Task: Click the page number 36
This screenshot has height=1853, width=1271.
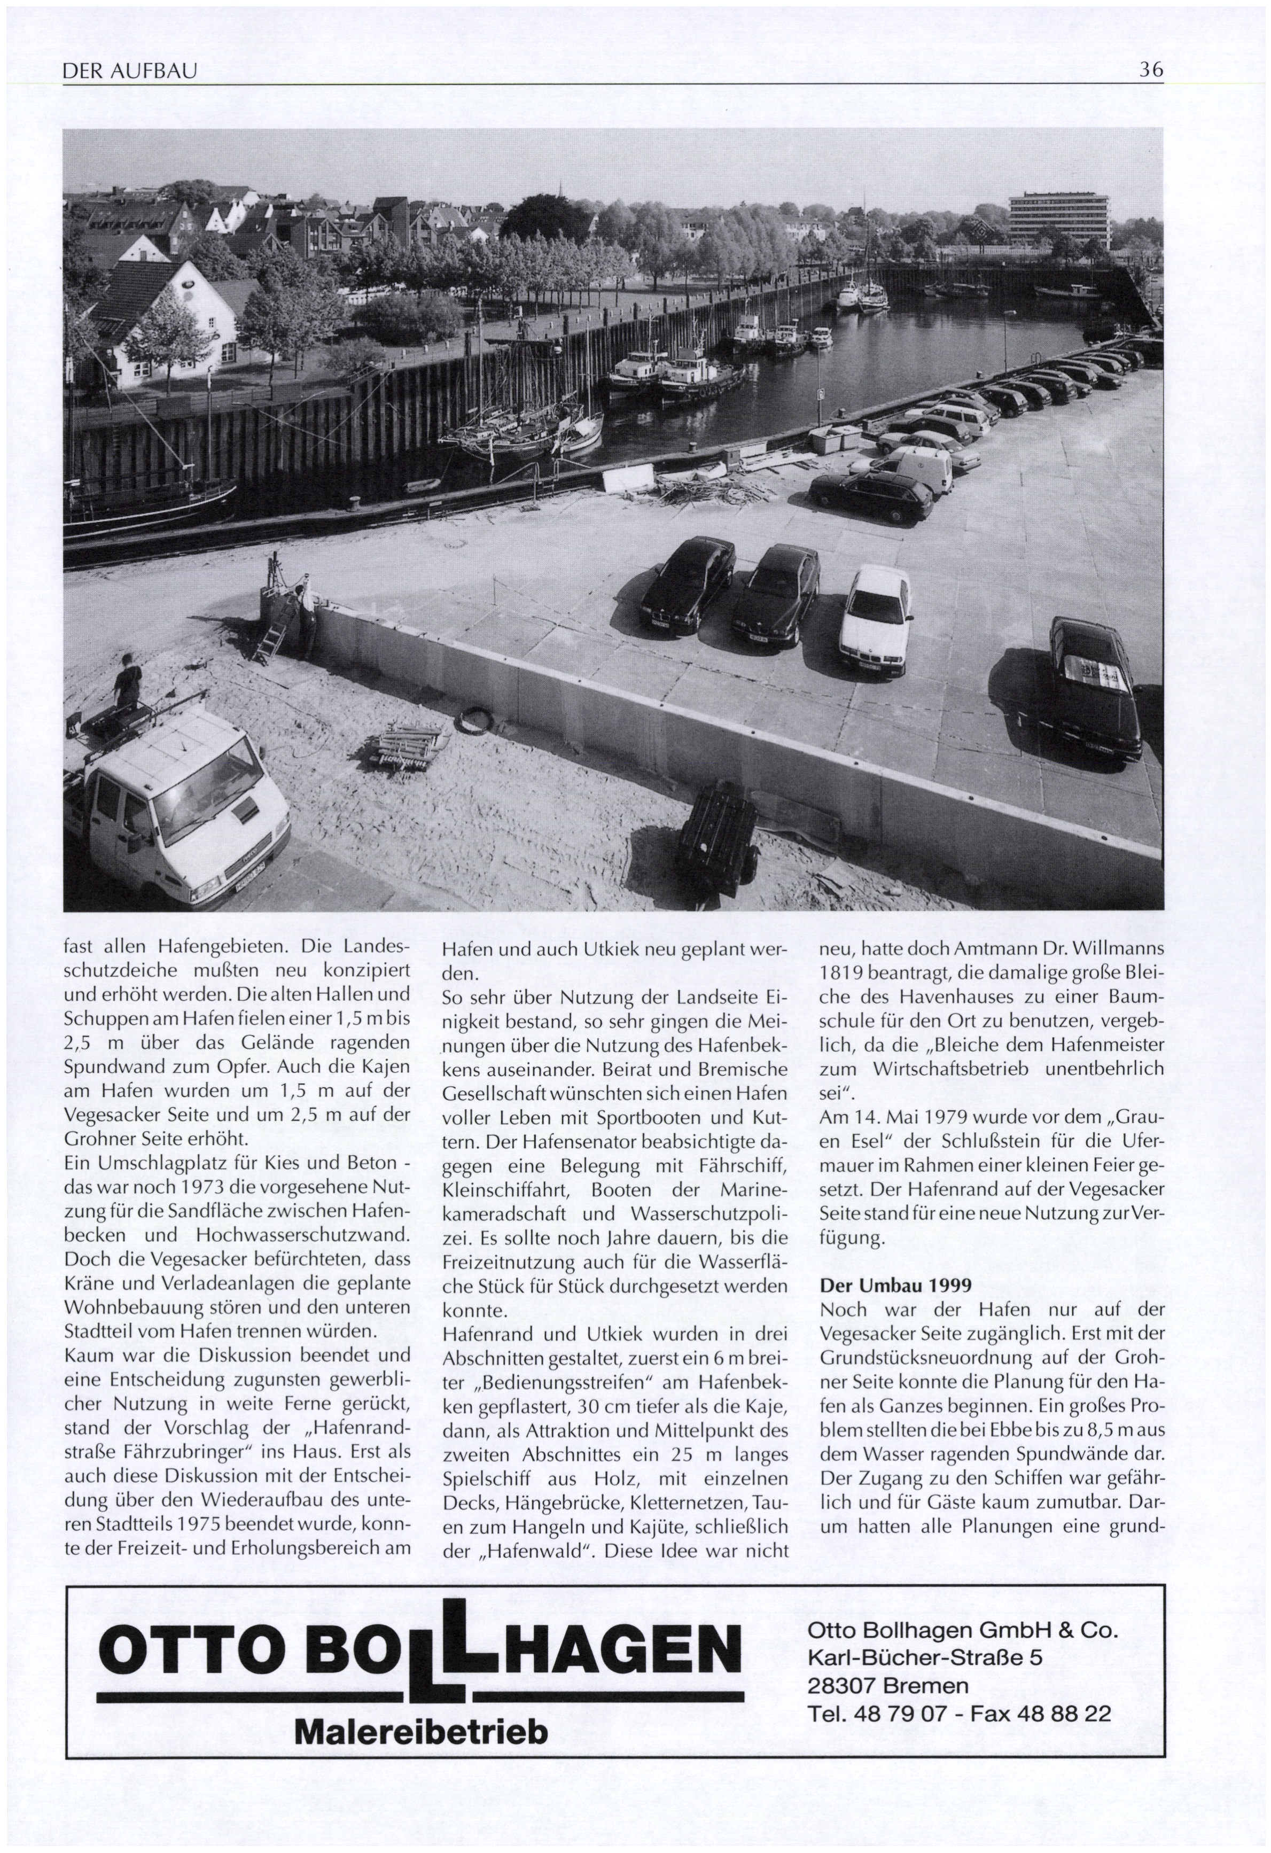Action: point(1151,70)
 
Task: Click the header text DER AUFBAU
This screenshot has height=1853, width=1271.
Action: point(129,73)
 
